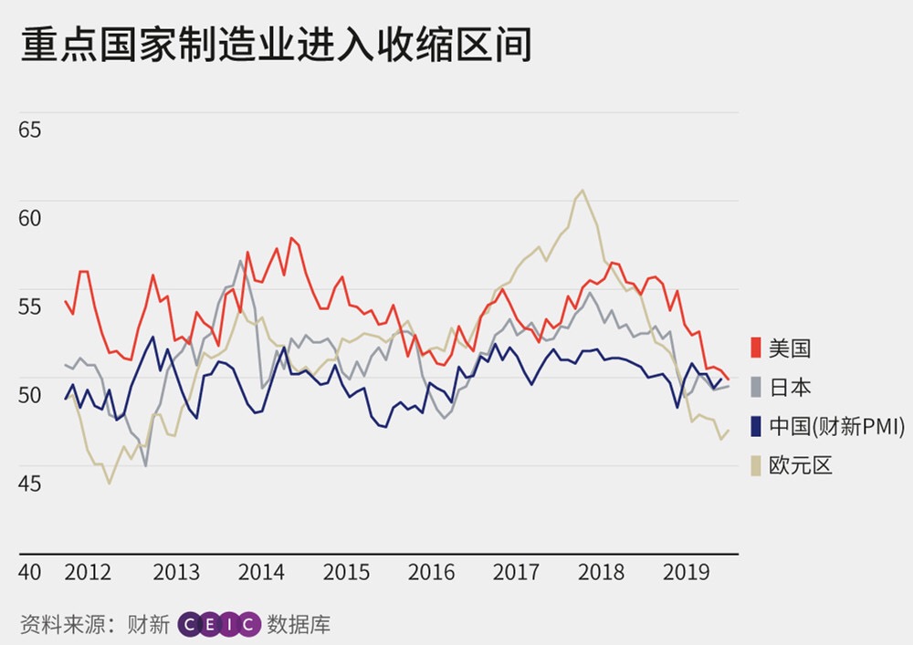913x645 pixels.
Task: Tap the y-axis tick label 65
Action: point(30,130)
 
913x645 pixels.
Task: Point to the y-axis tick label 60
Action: point(30,218)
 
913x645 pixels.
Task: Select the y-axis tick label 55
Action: point(30,307)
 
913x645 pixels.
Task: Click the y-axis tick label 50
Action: point(30,395)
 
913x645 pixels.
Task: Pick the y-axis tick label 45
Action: point(30,483)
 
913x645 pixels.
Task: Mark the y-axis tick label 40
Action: point(30,572)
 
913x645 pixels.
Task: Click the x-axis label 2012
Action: point(89,572)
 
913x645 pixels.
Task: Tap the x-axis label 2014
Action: point(261,572)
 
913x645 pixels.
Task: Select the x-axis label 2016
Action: point(431,572)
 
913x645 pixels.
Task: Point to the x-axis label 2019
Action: point(687,572)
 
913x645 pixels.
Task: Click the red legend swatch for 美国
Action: point(756,348)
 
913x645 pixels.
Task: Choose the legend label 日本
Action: point(791,387)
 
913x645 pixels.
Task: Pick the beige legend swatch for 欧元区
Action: point(756,465)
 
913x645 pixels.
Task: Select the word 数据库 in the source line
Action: point(299,624)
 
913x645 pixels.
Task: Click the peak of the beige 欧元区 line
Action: point(582,190)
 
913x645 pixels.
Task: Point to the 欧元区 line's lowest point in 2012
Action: point(110,483)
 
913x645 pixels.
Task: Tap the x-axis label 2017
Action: point(516,572)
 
